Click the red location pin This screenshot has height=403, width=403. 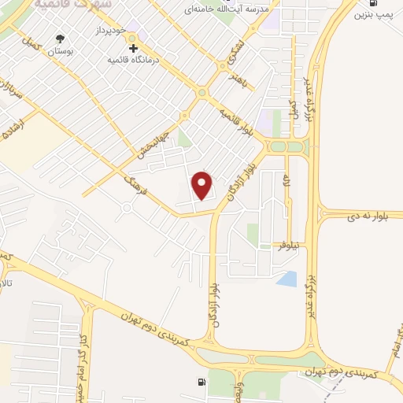(203, 185)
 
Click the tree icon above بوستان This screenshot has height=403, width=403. (60, 37)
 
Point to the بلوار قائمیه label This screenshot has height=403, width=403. (238, 120)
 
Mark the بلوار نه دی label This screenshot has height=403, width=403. (367, 213)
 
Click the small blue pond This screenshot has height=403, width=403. (289, 278)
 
